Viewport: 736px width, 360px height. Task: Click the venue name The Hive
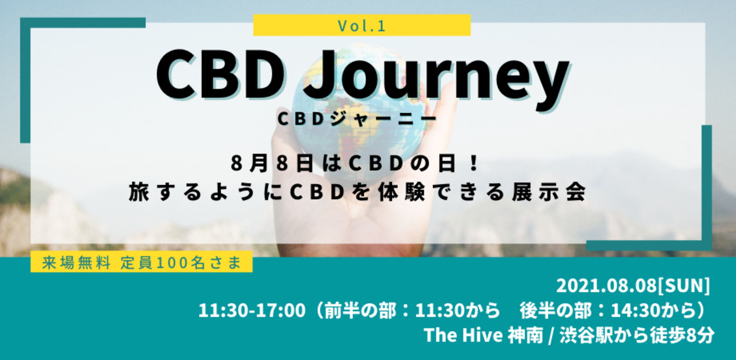(x=463, y=335)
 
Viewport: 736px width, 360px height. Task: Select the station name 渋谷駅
(x=586, y=335)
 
